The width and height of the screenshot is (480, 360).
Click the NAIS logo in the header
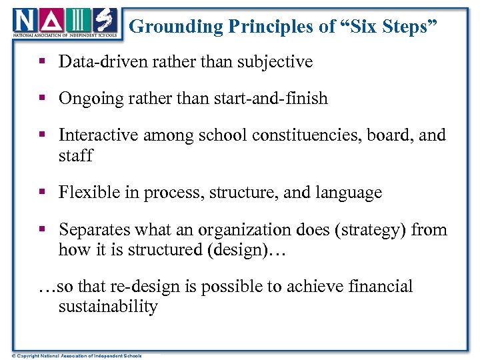64,24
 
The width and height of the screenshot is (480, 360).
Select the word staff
75,155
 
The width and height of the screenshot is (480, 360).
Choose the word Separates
94,230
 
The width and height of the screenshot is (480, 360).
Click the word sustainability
108,307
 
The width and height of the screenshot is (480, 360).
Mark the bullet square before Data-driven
41,62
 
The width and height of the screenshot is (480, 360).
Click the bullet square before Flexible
41,193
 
